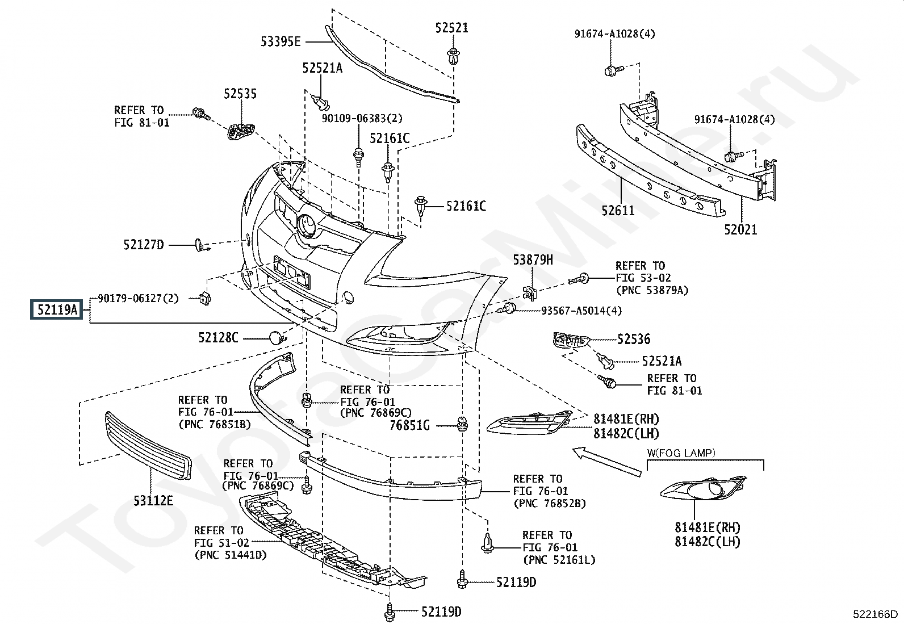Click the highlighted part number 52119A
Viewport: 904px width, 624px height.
coord(56,310)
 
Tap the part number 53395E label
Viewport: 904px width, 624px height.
coord(281,41)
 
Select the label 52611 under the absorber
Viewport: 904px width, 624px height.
coord(618,211)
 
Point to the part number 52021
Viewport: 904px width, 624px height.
coord(740,230)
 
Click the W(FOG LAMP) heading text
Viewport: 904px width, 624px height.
coord(681,453)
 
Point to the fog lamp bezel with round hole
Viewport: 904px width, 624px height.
coord(704,489)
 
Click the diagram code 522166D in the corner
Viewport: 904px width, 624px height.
coord(875,614)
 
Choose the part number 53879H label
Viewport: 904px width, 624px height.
coord(533,260)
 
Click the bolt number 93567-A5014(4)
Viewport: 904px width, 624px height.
coord(581,311)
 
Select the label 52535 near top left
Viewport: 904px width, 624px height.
coord(240,94)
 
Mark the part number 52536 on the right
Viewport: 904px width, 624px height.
coord(634,339)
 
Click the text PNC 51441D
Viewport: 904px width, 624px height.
coord(230,555)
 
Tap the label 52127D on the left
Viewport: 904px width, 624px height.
coord(143,245)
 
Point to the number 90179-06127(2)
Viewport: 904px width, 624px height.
coord(138,298)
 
